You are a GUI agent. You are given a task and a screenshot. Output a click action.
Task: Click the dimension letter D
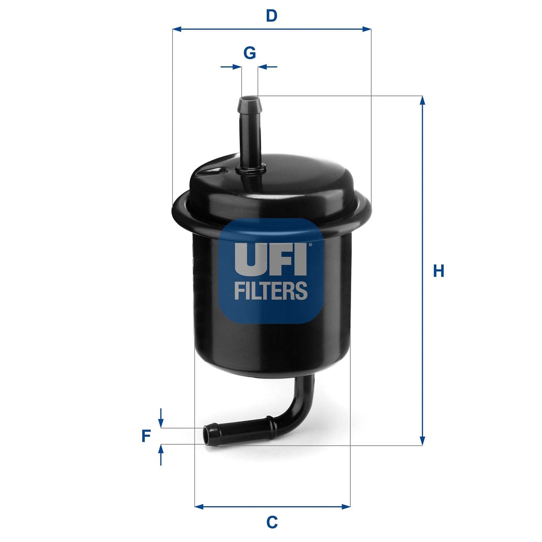point(271,16)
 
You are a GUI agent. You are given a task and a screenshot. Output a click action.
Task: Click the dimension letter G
point(250,53)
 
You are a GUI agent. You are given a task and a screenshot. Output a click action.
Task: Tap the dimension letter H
point(438,271)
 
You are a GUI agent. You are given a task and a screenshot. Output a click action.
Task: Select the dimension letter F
point(146,436)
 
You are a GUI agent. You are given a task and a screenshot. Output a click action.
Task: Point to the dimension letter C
point(272,522)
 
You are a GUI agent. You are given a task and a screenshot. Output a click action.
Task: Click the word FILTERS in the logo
point(271,291)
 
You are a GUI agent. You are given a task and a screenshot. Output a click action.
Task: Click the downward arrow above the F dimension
point(161,423)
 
